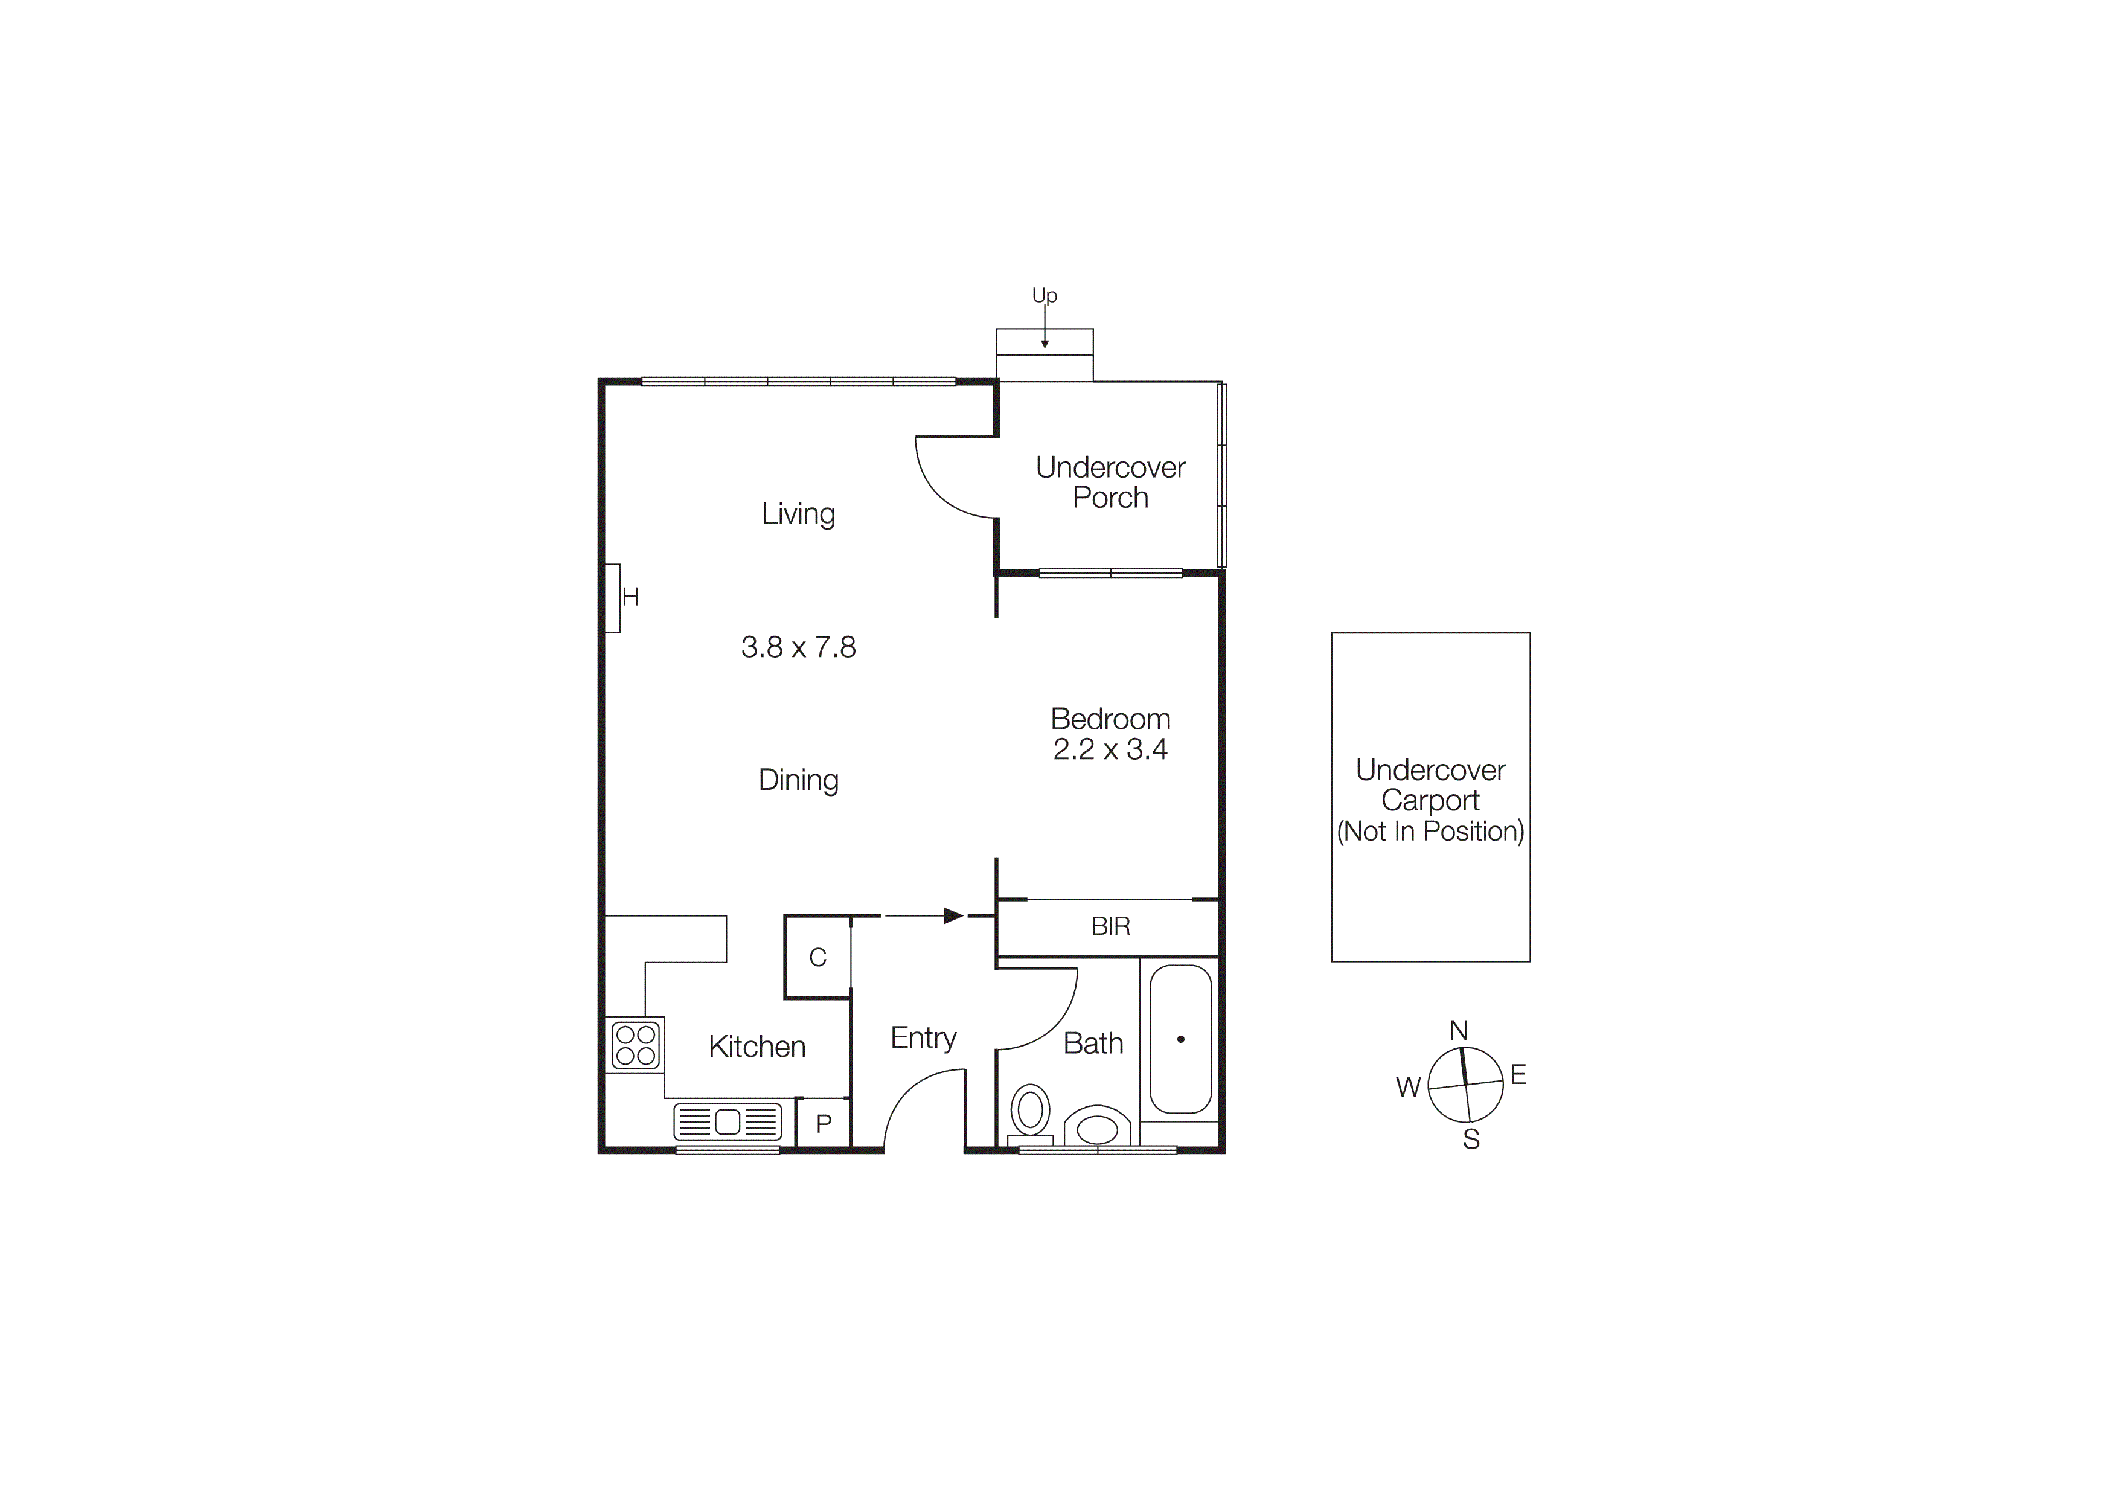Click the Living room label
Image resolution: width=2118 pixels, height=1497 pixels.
(x=798, y=514)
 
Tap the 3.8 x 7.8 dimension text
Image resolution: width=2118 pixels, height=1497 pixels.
(x=798, y=647)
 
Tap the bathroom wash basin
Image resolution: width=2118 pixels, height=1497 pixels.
(x=1097, y=1128)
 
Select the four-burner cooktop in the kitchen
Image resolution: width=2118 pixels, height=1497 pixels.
(x=635, y=1045)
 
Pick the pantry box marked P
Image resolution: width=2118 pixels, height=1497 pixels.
(x=824, y=1123)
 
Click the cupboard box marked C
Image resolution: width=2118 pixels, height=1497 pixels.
(x=817, y=957)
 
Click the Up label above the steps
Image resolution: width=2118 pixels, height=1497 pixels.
(x=1045, y=295)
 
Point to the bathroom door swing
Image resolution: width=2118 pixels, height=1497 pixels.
(x=1042, y=1010)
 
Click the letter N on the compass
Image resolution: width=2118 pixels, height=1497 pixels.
(x=1459, y=1030)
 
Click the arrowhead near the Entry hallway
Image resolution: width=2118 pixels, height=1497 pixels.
(x=953, y=916)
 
